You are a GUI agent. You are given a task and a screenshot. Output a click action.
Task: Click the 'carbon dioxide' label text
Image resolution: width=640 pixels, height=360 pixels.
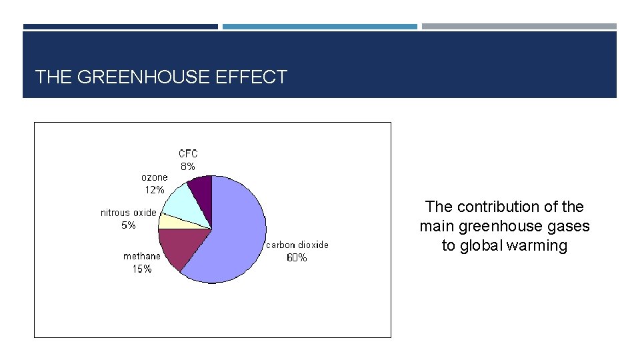(x=297, y=245)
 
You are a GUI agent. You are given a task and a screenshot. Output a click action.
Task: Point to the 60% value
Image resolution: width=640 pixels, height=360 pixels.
(x=297, y=258)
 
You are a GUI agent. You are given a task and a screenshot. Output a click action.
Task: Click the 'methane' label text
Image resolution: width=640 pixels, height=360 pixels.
(x=142, y=257)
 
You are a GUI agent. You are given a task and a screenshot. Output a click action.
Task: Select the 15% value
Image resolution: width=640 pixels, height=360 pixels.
(x=142, y=269)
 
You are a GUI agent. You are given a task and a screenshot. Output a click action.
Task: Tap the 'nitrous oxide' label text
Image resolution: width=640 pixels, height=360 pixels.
(x=129, y=213)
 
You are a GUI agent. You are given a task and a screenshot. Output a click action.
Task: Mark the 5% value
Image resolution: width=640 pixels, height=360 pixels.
(x=129, y=225)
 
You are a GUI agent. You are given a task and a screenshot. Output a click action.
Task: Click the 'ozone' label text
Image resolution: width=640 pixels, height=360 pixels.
(x=155, y=177)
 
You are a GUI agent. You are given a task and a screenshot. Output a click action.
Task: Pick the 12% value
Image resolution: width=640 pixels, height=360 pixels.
(x=155, y=190)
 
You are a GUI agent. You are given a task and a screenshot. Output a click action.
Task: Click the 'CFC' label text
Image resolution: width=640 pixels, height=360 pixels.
(x=188, y=154)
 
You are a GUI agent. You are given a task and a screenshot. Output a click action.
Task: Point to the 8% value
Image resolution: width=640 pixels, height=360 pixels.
(x=187, y=167)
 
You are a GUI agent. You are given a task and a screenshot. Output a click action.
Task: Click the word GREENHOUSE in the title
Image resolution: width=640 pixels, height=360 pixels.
(x=144, y=77)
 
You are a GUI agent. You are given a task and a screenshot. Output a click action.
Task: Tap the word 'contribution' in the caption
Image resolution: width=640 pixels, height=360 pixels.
(x=494, y=207)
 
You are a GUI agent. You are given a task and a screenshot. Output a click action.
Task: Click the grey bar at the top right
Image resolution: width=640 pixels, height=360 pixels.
(x=519, y=27)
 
